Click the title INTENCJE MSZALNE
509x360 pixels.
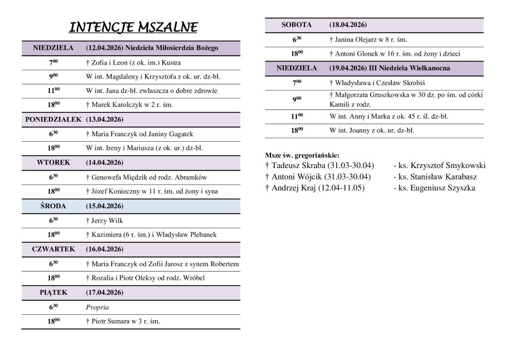click(x=133, y=27)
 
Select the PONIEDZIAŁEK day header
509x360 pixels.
click(x=53, y=120)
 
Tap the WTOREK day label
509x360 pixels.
click(x=53, y=163)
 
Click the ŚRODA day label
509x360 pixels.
click(x=53, y=206)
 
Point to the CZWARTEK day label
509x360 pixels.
click(x=53, y=249)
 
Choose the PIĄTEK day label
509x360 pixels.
click(x=53, y=292)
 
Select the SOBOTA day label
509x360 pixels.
click(x=297, y=25)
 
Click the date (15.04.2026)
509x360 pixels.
click(x=104, y=206)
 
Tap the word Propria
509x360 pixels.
click(x=97, y=307)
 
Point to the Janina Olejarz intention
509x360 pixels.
click(x=368, y=39)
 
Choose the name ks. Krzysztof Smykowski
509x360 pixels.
click(x=439, y=166)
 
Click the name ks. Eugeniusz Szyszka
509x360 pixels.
click(x=434, y=188)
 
